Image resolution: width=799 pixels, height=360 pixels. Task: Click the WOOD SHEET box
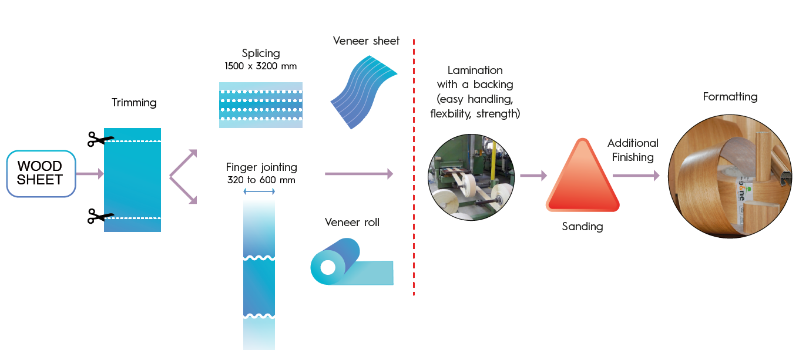pos(41,174)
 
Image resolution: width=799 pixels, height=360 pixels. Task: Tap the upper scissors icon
pos(100,139)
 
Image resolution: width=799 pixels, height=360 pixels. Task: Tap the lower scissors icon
pos(100,216)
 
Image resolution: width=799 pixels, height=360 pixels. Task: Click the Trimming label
pos(134,103)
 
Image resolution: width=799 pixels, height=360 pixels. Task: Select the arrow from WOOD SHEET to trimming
pos(90,174)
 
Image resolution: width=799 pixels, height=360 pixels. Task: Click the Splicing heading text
pos(261,53)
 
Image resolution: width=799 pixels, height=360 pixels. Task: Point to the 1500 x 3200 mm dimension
pos(261,66)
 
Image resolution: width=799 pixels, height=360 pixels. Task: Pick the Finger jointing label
pos(261,167)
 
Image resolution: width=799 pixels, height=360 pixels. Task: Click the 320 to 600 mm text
pos(261,180)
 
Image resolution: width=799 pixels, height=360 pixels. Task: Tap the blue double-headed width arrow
pos(259,191)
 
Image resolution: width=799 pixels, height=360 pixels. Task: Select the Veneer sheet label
pos(367,41)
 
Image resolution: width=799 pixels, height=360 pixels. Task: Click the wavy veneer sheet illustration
pos(364,92)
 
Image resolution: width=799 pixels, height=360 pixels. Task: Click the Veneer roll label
pos(352,223)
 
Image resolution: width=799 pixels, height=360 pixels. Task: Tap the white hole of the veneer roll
pos(328,267)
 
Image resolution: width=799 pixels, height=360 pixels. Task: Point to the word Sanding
pos(582,227)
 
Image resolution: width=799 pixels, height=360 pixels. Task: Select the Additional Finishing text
pos(633,150)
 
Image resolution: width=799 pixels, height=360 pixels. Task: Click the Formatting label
pos(730,96)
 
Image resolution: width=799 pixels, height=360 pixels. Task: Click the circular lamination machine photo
pos(471,177)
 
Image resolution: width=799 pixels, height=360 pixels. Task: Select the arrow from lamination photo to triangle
pos(533,176)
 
